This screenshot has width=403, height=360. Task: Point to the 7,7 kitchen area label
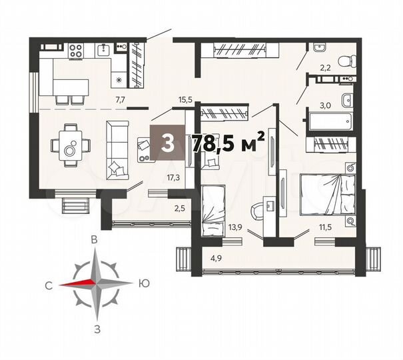pyautogui.click(x=121, y=100)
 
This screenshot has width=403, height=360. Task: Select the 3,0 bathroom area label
pyautogui.click(x=326, y=105)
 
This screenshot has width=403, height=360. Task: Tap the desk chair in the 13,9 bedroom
pyautogui.click(x=256, y=212)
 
